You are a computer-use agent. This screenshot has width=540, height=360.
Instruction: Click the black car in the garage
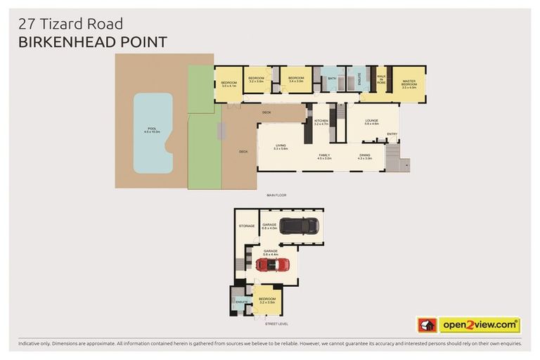tap(299, 226)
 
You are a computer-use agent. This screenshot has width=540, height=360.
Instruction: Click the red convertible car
tap(273, 264)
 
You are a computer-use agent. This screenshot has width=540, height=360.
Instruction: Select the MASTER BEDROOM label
tap(409, 83)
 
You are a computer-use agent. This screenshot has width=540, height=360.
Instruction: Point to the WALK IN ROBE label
tap(381, 79)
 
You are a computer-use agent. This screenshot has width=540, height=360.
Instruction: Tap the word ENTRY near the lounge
tap(392, 134)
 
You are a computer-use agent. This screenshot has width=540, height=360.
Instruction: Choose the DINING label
tap(364, 155)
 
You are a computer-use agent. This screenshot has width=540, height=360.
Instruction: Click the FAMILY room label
tap(324, 155)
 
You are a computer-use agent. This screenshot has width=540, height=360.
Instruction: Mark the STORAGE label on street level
tap(246, 226)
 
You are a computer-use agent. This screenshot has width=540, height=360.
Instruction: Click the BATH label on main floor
tap(332, 79)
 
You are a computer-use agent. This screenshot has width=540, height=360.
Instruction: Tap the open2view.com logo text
tap(480, 325)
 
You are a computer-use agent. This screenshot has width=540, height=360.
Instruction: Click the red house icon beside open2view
tap(427, 325)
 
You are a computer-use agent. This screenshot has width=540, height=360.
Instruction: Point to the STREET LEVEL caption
tap(275, 323)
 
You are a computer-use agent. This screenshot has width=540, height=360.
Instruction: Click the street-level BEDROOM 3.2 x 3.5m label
tap(267, 300)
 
